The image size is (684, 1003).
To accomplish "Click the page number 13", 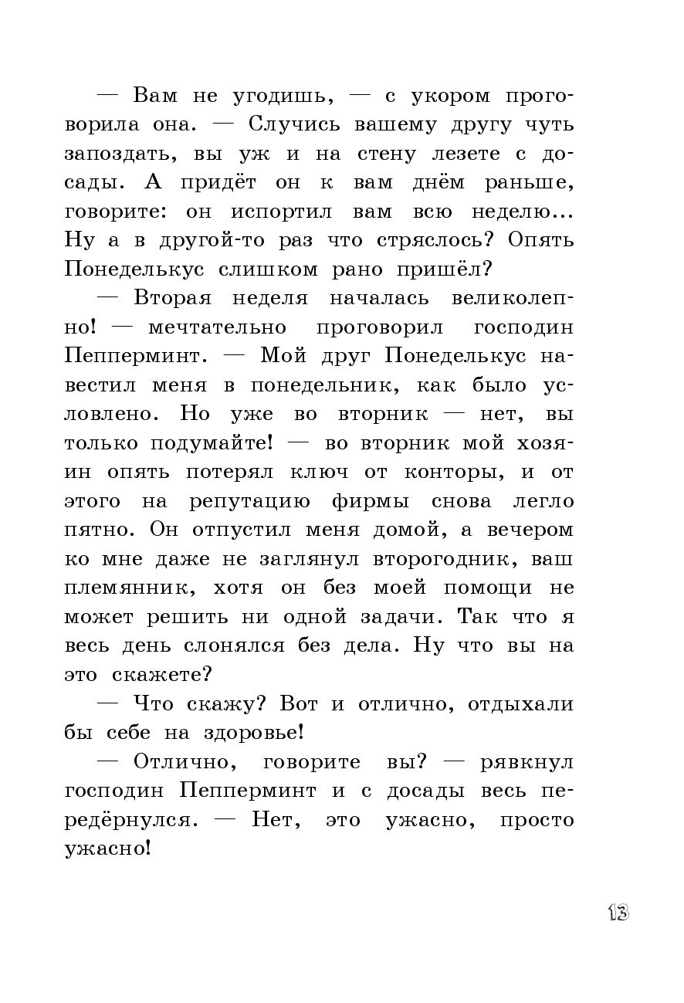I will click(618, 913).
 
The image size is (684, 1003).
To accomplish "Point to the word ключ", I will click(320, 472).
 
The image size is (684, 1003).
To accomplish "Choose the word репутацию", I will click(249, 501).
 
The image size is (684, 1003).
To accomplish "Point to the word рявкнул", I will click(527, 762).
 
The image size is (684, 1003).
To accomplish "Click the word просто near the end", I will click(537, 820).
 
